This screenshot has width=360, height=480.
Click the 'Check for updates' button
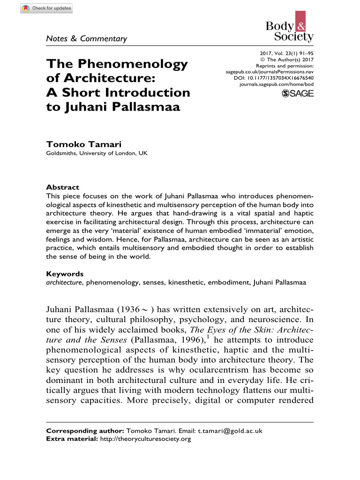coord(46,8)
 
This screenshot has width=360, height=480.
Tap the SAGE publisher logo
coord(298,94)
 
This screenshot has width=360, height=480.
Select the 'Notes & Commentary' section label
coord(86,38)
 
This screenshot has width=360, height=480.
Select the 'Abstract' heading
coord(62,187)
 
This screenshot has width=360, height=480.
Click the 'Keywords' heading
coord(65,274)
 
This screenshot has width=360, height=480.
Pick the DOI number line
coord(273,77)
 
